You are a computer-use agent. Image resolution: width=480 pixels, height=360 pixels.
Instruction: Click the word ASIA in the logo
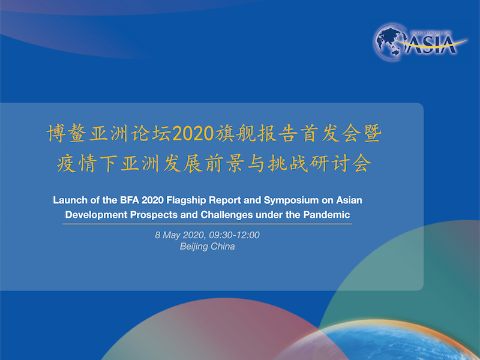[431, 45]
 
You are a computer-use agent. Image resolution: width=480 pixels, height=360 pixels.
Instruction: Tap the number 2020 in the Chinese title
[193, 134]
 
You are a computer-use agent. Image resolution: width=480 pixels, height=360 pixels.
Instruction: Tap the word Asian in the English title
[349, 200]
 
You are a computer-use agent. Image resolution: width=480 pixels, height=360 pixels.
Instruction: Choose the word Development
[97, 215]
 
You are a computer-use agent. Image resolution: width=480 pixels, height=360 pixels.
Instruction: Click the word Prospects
[154, 215]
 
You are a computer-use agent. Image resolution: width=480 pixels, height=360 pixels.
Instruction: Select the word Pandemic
[326, 215]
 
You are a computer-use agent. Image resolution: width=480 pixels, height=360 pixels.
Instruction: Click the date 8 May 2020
[179, 235]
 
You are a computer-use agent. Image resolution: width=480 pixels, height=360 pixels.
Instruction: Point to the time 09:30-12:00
[234, 235]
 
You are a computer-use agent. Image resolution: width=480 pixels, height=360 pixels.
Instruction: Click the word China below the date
[223, 247]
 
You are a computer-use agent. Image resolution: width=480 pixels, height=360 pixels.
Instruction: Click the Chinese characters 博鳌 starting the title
[67, 134]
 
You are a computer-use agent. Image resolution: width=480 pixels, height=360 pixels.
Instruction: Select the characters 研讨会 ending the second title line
[340, 163]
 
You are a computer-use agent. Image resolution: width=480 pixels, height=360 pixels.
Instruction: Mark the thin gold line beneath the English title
[207, 224]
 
